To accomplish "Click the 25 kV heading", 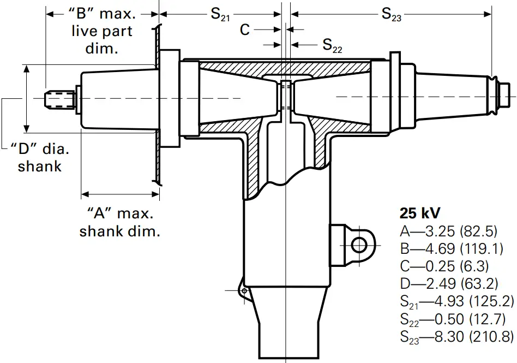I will [x=420, y=212].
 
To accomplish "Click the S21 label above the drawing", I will [x=220, y=15].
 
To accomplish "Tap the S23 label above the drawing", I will [x=391, y=15].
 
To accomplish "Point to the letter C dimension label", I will [x=245, y=29].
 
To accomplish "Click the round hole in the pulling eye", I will [x=359, y=245].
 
